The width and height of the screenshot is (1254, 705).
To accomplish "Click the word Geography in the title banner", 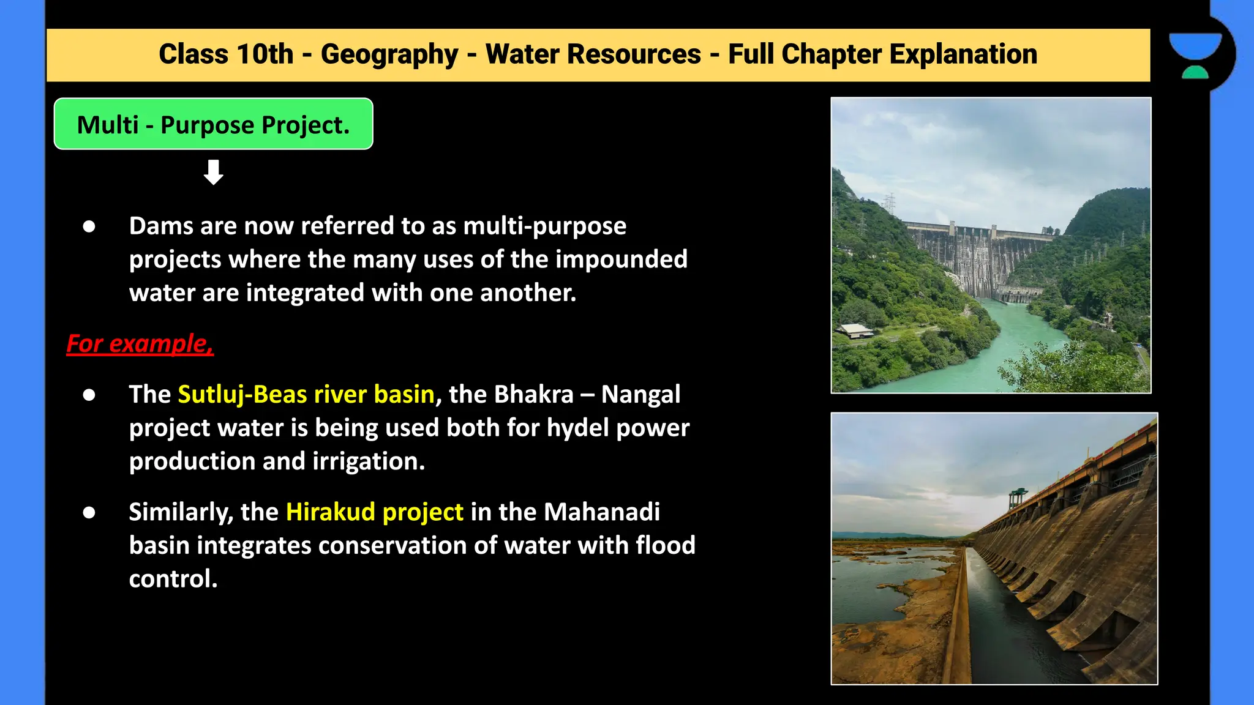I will click(x=389, y=54).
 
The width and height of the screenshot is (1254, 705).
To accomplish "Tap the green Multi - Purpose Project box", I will click(x=213, y=124).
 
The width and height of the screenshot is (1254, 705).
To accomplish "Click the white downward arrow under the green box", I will click(x=213, y=173).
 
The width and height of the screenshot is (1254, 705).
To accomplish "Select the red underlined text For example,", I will click(x=140, y=343).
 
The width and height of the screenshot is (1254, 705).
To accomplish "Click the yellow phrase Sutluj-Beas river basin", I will click(x=306, y=394).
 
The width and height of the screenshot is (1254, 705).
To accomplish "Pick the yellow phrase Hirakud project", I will click(x=374, y=512).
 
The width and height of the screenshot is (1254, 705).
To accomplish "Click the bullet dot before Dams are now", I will click(x=89, y=226).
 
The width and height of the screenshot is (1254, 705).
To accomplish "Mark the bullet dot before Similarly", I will click(x=89, y=512).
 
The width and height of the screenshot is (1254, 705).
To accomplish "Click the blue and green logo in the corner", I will click(x=1195, y=56).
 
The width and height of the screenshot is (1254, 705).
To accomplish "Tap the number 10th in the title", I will click(x=265, y=54).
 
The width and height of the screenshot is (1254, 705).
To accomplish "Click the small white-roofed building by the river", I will click(x=855, y=331).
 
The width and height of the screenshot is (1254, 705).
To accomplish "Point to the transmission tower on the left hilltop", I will click(x=890, y=204).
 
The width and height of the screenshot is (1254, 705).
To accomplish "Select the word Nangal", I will click(x=640, y=394).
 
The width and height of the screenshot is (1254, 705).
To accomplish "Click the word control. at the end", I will click(x=173, y=579).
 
